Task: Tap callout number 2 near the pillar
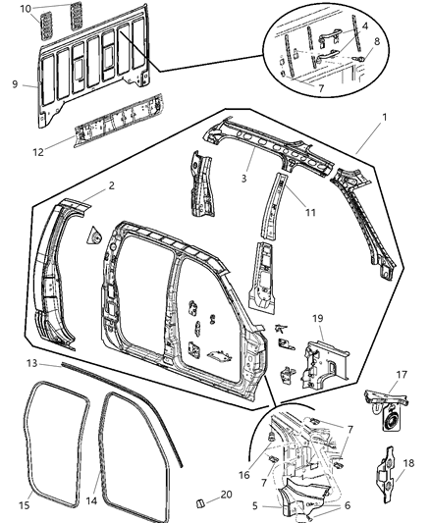111,184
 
